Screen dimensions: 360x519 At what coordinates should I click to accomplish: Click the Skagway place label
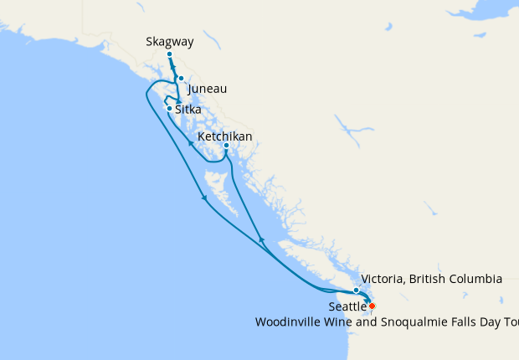(170, 40)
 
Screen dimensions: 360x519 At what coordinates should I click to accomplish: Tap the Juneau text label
(208, 89)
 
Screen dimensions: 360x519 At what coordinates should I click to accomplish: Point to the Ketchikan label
(225, 136)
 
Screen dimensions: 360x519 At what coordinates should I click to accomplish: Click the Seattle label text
(347, 307)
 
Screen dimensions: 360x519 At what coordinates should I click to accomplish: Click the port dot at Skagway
(169, 54)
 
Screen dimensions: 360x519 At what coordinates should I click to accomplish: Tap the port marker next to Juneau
(181, 79)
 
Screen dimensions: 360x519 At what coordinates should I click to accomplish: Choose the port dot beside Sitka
(169, 109)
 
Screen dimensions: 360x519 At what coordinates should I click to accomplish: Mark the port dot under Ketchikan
(226, 146)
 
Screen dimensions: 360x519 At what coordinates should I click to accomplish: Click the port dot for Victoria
(357, 290)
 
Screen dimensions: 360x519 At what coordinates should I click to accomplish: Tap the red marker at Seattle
(372, 306)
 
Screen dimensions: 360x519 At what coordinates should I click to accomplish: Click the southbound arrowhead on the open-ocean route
(204, 198)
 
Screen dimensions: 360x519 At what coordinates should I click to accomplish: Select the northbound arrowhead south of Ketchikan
(261, 241)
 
